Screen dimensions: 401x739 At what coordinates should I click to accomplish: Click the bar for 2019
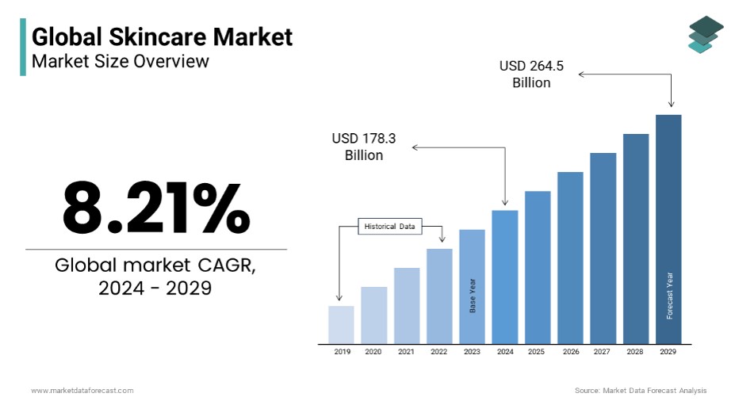point(341,324)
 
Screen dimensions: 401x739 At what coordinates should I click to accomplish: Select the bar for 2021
point(407,305)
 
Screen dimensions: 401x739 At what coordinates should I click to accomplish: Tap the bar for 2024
point(504,277)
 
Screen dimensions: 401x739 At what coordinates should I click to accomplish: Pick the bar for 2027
point(603,248)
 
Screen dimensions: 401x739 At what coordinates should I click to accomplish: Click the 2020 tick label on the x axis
point(373,351)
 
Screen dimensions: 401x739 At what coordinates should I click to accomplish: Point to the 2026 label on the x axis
point(570,351)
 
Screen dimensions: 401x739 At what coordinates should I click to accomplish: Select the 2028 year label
point(636,351)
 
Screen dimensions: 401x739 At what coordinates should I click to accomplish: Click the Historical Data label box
point(389,227)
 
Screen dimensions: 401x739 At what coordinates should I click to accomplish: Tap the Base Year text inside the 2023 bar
point(473,295)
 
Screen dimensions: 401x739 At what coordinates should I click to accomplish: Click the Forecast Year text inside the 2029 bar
point(669,296)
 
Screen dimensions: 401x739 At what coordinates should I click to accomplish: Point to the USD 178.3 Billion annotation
point(364,147)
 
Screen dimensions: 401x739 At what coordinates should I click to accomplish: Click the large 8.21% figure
point(156,207)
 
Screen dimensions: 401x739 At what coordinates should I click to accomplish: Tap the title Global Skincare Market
point(162,36)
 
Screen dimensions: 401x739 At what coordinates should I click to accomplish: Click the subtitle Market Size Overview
point(120,60)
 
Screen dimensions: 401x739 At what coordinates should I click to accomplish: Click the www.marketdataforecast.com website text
point(82,390)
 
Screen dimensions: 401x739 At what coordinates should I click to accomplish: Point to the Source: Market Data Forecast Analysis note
point(641,390)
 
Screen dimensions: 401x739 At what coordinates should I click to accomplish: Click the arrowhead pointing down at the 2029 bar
point(672,104)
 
